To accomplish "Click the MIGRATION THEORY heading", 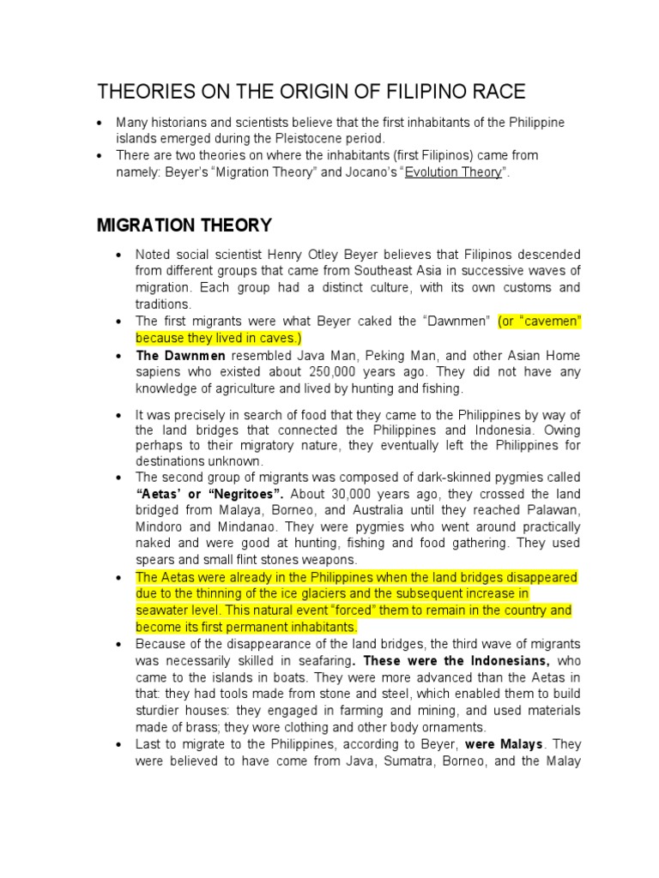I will [184, 226].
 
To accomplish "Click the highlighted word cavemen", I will [552, 322].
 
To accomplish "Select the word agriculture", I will [245, 388].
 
